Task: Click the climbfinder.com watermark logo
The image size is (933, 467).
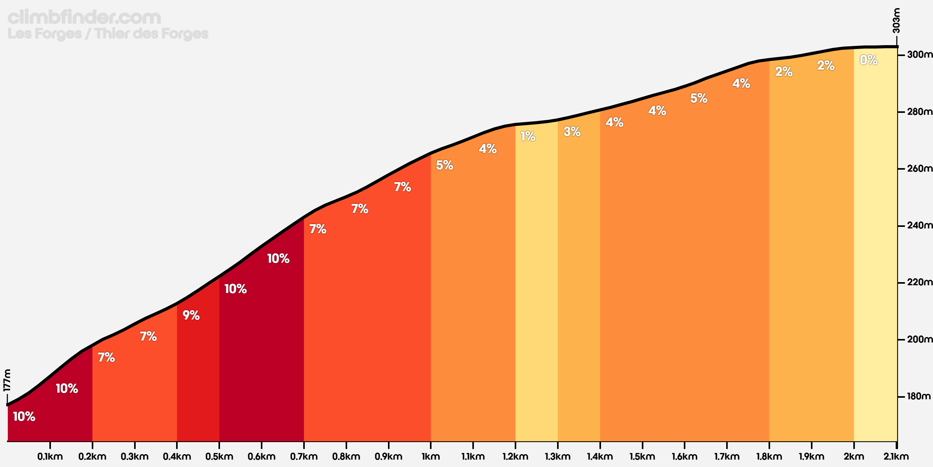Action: (x=84, y=18)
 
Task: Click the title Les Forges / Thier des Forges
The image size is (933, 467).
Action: (x=108, y=34)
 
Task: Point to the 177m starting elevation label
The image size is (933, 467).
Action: (x=7, y=380)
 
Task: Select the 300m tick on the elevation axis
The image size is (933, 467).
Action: (x=919, y=54)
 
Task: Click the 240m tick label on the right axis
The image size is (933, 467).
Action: (x=919, y=226)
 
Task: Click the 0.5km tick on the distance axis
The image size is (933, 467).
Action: (x=219, y=456)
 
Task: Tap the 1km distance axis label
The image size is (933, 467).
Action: (x=431, y=456)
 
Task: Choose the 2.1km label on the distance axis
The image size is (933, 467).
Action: (x=896, y=456)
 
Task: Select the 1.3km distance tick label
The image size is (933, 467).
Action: (x=557, y=456)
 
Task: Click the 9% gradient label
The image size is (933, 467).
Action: (x=191, y=315)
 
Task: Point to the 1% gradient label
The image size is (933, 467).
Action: (x=528, y=136)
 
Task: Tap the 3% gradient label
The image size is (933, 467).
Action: (x=572, y=132)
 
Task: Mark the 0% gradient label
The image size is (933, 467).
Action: (x=868, y=60)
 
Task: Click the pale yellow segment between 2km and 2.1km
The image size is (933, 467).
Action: (x=875, y=253)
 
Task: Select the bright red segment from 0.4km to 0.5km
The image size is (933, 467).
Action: (x=198, y=381)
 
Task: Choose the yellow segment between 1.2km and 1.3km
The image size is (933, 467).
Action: (x=536, y=292)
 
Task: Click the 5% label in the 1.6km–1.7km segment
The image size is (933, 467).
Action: (x=699, y=98)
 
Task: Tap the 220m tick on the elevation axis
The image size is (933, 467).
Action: (x=919, y=283)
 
